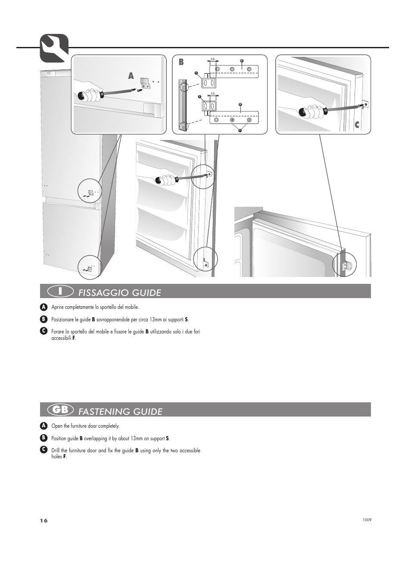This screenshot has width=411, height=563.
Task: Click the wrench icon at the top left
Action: (54, 48)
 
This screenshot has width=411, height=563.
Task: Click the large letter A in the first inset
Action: (131, 76)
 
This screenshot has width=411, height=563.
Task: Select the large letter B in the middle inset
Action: (181, 62)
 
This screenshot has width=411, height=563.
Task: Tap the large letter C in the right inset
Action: (357, 125)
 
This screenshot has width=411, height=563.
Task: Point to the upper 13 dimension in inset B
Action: (212, 59)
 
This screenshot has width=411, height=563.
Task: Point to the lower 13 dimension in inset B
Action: (212, 93)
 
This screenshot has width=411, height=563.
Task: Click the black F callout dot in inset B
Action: (240, 131)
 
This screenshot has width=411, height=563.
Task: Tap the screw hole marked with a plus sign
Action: (232, 120)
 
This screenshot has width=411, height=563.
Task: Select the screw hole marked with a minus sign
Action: (249, 120)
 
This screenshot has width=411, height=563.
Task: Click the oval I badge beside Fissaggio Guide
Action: (60, 291)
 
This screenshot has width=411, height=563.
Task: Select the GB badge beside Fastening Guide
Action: (60, 410)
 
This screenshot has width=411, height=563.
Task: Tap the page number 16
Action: (44, 520)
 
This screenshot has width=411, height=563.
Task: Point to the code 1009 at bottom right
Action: (367, 520)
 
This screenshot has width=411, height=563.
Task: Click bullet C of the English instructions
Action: (43, 450)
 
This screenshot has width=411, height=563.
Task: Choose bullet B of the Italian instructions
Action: (43, 319)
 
